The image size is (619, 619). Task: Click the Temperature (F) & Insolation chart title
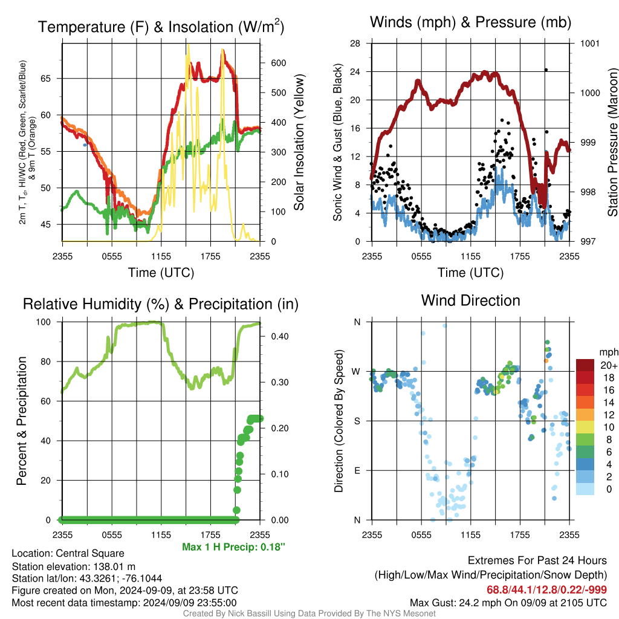[161, 27]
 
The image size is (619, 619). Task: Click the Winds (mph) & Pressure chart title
[470, 22]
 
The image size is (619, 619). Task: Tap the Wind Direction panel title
[470, 300]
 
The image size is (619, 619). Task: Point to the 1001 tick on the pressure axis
[590, 44]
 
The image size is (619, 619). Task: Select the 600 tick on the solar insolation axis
[278, 63]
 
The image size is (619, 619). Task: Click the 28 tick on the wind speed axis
[355, 44]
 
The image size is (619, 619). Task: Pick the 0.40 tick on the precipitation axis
[280, 336]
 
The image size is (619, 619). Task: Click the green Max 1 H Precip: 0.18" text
[233, 546]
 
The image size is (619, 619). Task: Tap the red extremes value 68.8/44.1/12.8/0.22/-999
[546, 589]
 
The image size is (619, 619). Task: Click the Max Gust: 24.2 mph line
[508, 603]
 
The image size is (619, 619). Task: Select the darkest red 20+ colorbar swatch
[585, 365]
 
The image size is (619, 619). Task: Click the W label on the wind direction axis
[356, 372]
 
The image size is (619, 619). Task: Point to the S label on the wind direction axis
[357, 421]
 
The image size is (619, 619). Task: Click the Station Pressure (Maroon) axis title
[612, 142]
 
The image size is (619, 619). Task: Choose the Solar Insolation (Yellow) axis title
[299, 142]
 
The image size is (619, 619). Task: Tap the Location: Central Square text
[68, 553]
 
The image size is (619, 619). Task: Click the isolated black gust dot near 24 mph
[546, 70]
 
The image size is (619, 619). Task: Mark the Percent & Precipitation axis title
[22, 421]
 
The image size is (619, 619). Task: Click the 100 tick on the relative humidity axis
[44, 322]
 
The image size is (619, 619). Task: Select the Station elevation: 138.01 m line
[73, 566]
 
